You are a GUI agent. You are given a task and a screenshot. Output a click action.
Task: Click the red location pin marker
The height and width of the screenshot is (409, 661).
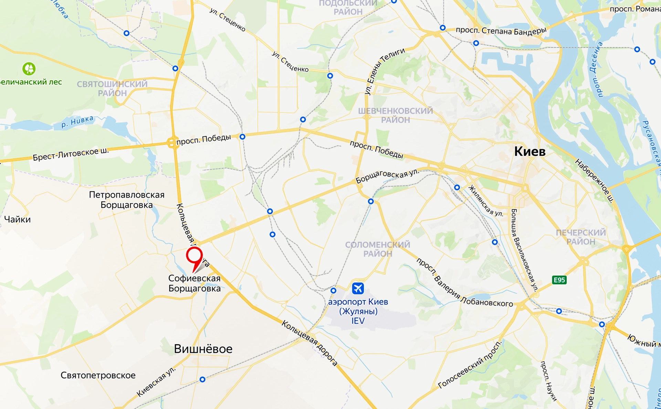(194, 257)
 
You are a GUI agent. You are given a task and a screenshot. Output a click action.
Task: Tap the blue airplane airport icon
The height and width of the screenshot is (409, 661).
(358, 288)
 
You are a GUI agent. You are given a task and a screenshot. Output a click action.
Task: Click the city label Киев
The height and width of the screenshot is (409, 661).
(529, 151)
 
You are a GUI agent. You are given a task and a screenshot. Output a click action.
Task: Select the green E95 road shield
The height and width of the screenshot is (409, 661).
(559, 280)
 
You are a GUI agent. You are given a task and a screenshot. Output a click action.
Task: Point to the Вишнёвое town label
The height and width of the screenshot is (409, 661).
(203, 349)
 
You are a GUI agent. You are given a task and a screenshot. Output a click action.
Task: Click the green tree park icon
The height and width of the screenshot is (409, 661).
(29, 69)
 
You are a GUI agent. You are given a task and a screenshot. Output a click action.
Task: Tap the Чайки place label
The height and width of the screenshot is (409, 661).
(17, 219)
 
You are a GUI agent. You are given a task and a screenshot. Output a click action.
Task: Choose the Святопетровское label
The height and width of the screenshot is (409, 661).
(98, 375)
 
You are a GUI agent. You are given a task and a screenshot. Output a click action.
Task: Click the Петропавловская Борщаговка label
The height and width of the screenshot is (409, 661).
(127, 200)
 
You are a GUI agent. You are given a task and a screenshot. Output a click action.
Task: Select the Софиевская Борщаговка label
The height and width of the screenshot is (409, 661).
(195, 283)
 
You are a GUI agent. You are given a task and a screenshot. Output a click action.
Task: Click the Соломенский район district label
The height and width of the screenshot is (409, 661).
(378, 249)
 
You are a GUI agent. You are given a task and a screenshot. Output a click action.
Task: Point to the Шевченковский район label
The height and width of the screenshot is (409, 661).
(395, 115)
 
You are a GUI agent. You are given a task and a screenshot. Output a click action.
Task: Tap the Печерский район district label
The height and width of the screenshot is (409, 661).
(581, 237)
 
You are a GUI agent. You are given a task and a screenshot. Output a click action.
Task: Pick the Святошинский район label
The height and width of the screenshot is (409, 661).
(112, 89)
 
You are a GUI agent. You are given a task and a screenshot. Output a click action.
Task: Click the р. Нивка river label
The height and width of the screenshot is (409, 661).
(77, 122)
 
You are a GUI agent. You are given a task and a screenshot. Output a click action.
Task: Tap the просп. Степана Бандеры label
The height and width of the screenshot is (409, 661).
(501, 31)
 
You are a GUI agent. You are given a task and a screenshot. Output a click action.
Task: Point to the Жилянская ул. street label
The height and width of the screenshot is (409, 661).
(486, 201)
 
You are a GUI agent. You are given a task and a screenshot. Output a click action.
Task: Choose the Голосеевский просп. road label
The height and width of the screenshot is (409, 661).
(471, 365)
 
